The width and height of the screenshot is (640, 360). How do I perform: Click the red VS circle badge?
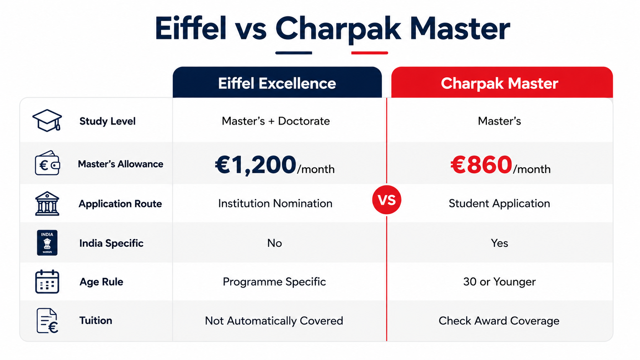coord(387,200)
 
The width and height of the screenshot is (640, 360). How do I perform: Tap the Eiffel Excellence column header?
coord(277,83)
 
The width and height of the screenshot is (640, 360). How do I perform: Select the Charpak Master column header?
coord(502,83)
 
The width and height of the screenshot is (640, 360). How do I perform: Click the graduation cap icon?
coord(47,121)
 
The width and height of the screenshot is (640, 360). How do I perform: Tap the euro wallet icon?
coord(47,163)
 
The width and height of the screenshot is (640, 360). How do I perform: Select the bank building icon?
coord(47,204)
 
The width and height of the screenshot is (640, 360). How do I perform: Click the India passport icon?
coord(47,243)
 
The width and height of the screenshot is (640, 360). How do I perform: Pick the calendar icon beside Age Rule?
coord(47,282)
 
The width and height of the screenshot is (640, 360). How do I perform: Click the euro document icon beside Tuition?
coord(47,321)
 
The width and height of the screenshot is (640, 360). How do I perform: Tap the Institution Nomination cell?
coord(275,204)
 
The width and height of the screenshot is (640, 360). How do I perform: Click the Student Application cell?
coord(499,204)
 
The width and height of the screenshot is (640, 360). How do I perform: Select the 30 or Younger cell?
coord(499,282)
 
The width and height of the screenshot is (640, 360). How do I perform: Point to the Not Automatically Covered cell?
coord(274,321)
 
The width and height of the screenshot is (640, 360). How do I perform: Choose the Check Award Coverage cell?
coord(499,321)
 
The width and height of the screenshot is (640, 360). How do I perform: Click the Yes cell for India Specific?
coord(500,243)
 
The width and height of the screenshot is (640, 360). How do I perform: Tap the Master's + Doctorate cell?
coord(276,121)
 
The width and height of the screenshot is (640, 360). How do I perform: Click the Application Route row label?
coord(120,204)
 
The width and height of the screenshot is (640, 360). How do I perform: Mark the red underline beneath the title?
coord(369,53)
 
